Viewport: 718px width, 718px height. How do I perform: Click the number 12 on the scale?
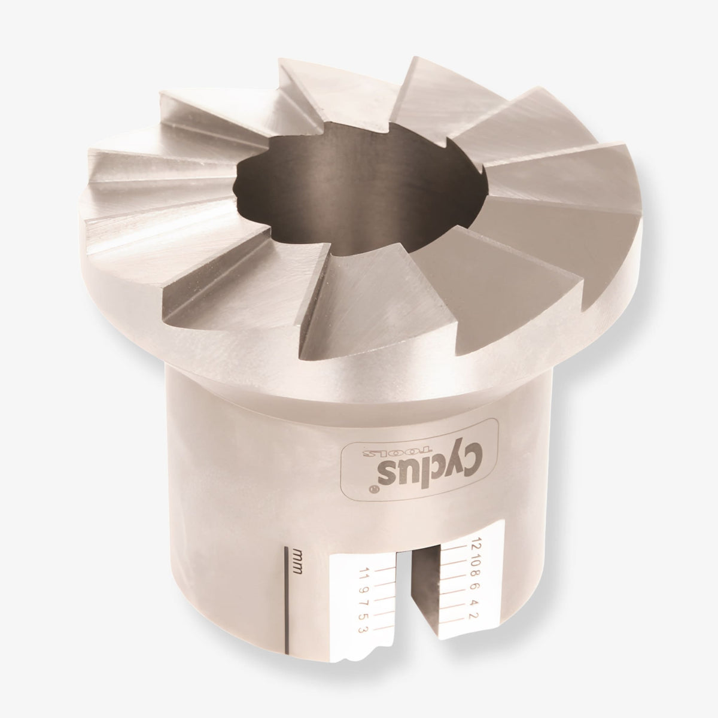click(x=474, y=544)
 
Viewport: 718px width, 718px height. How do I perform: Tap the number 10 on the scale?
click(x=474, y=559)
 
